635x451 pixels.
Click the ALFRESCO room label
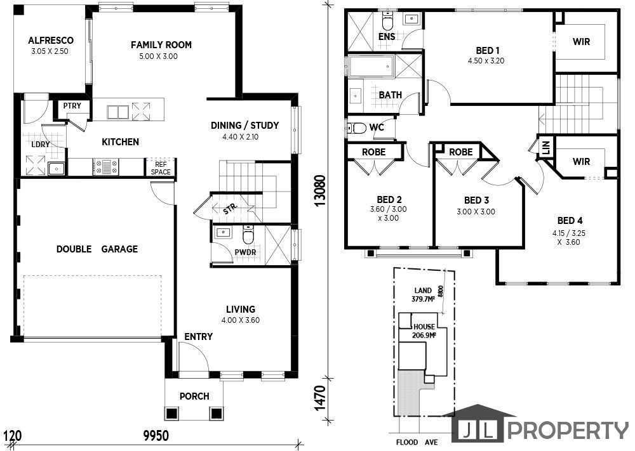point(51,41)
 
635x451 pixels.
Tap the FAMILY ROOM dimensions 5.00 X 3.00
point(158,56)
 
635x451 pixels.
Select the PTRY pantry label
point(72,105)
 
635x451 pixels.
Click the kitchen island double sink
point(118,112)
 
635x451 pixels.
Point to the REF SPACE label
point(161,168)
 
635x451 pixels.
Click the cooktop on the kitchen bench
point(105,167)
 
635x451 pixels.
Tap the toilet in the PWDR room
point(248,235)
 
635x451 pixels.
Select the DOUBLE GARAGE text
point(97,249)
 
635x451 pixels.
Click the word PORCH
point(194,396)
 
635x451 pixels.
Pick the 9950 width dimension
point(156,436)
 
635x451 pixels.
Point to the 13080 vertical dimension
point(320,191)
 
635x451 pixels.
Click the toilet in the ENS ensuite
point(387,21)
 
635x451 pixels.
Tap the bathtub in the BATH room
point(371,66)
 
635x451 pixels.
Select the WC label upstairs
point(377,127)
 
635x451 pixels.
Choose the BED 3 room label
point(476,200)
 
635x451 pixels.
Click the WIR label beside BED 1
point(582,41)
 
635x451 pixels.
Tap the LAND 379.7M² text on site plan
point(423,295)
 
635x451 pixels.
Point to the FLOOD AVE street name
point(417,442)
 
